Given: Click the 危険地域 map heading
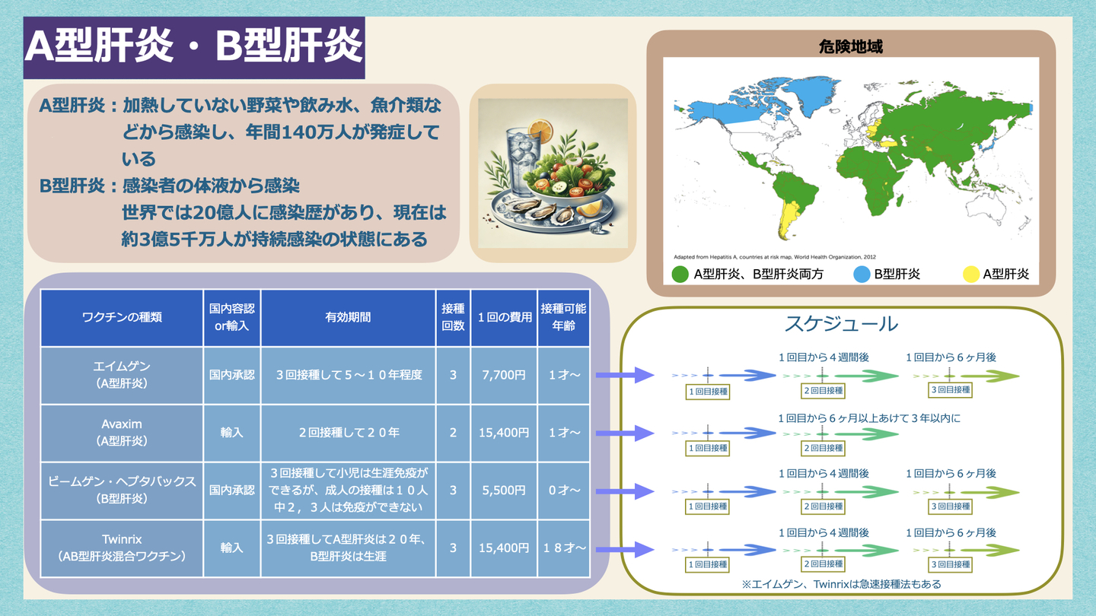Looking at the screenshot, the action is coord(850,47).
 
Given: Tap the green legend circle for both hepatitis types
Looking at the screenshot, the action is coord(680,275).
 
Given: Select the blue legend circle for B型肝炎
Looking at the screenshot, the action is coord(862,275).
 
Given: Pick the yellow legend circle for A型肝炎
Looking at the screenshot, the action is coord(971,275).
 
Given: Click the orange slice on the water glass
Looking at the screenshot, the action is coord(540,130).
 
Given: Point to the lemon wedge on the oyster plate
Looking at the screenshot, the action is coord(590,208).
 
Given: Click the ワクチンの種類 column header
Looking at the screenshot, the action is coord(122,317).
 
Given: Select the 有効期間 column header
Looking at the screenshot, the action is coord(348,317).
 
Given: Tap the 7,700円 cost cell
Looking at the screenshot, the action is coord(504,375).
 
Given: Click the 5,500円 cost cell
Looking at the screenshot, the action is coord(504,491).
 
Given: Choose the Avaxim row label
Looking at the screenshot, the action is coord(122,432).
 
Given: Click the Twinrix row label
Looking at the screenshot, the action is coord(122,548).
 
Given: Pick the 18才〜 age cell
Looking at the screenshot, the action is coord(564,548).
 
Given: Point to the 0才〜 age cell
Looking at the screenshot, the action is coord(564,491).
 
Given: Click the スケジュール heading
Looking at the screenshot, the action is coord(842,324).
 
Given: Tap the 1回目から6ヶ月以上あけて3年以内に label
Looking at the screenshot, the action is coord(869,418).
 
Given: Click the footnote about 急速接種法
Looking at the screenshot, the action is coord(842,584).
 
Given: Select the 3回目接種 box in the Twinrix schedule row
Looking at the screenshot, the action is coord(950,564).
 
